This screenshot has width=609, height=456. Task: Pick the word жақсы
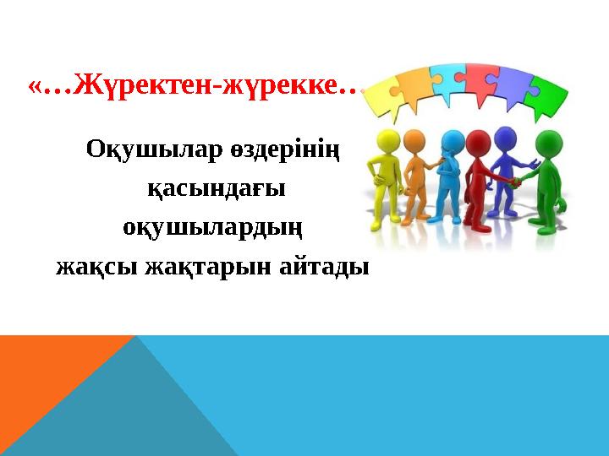pyautogui.click(x=97, y=269)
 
